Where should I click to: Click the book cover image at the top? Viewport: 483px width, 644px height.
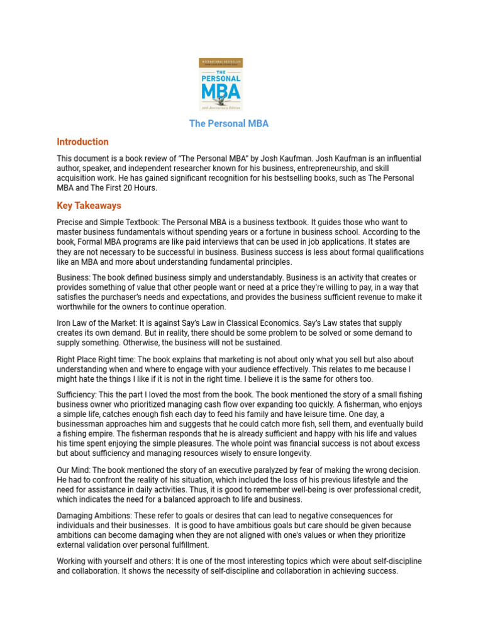coord(221,85)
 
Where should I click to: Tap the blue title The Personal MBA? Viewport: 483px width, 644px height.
coord(229,123)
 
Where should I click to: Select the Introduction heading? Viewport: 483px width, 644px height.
coord(82,142)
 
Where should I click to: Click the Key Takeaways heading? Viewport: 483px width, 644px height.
coord(89,206)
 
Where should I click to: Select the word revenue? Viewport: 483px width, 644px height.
coord(369,297)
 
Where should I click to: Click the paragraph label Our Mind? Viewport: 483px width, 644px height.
coord(73,470)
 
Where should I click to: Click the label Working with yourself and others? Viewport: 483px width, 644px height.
coord(119,561)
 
